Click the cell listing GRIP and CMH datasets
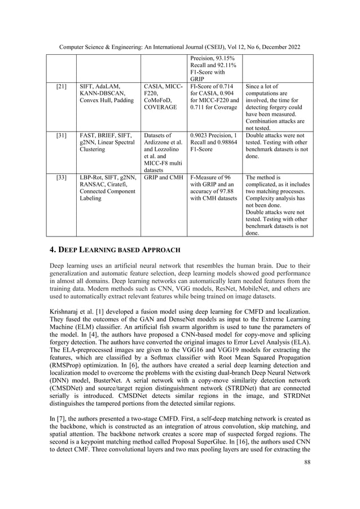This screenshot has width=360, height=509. pyautogui.click(x=163, y=177)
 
